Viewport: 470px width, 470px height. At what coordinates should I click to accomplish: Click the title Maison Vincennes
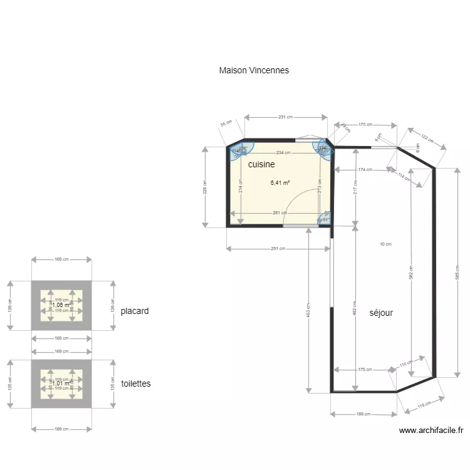pos(254,71)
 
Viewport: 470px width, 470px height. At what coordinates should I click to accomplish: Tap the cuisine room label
pos(261,164)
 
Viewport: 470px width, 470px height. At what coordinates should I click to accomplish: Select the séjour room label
pos(381,312)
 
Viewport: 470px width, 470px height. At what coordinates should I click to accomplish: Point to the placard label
pos(135,311)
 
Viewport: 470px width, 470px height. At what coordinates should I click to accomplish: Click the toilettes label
pos(136,384)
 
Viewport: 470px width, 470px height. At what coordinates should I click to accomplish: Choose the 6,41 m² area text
pos(280,183)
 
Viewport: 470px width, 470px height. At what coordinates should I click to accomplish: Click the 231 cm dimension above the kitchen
pos(286,117)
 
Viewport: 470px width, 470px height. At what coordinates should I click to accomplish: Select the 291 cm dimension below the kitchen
pos(278,249)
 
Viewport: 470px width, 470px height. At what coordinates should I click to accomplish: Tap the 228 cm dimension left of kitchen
pos(205,187)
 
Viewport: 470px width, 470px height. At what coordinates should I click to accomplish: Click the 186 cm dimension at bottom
pos(363,414)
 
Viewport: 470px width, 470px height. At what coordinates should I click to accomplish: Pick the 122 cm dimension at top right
pos(427,138)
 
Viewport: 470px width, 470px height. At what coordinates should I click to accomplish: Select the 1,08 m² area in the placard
pos(61,305)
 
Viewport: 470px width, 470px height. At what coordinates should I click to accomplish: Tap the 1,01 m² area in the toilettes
pos(61,384)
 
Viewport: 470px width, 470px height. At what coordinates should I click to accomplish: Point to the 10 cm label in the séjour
pos(385,244)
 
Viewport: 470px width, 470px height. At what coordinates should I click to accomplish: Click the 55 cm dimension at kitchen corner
pos(226,124)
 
